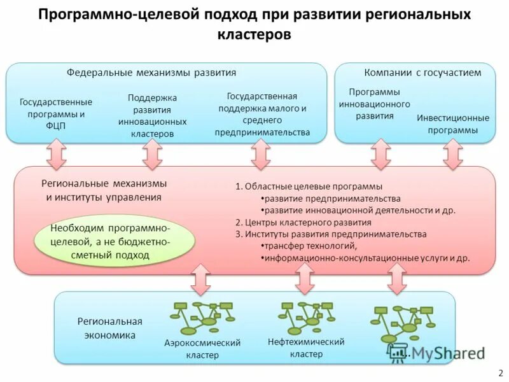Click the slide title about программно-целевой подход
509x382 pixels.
click(254, 24)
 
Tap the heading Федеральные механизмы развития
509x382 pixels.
click(151, 73)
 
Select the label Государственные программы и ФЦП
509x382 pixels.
click(56, 113)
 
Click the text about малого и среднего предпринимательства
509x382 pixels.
click(262, 114)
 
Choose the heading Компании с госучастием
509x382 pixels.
click(422, 73)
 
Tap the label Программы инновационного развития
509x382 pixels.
click(374, 104)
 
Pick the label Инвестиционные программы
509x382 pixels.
click(453, 124)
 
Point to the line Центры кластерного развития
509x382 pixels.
click(303, 222)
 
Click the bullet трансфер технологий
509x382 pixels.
click(309, 246)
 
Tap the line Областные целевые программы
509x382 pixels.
click(309, 187)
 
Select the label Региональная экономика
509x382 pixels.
click(110, 328)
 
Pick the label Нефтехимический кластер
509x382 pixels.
click(307, 348)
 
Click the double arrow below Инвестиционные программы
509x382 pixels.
click(453, 153)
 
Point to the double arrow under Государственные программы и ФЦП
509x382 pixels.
click(56, 154)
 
